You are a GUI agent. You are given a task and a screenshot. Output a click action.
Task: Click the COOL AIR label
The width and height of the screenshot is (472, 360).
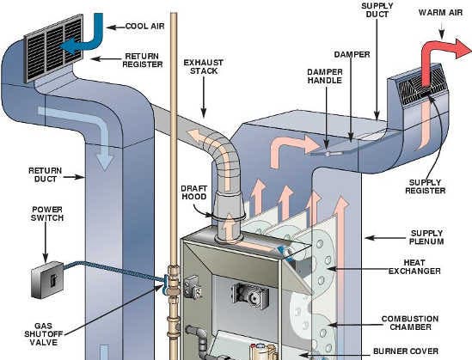pos(144,26)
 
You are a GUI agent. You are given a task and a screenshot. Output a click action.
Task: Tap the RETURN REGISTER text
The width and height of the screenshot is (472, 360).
pos(143,60)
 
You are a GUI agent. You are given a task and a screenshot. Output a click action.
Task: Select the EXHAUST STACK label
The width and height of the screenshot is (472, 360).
pos(204,67)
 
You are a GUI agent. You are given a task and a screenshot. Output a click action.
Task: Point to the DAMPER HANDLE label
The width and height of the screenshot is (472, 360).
pos(325,76)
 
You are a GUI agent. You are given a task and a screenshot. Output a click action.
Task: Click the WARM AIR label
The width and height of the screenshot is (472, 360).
pos(440,13)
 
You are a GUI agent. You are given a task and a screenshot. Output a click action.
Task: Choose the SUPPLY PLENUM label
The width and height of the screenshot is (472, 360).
pos(426,237)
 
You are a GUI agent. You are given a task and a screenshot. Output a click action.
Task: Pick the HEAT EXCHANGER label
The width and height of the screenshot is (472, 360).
pos(414,266)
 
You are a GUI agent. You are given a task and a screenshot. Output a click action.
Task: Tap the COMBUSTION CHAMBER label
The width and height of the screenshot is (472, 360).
pos(410,323)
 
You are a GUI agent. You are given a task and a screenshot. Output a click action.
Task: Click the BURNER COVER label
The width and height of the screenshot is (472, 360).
pos(406,351)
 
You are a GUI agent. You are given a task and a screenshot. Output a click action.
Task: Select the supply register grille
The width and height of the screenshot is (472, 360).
pos(421,85)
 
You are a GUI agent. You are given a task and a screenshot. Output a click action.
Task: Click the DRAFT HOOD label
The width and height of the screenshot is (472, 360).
pos(194,192)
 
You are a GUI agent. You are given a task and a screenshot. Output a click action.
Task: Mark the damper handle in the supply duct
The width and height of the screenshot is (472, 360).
pos(327,154)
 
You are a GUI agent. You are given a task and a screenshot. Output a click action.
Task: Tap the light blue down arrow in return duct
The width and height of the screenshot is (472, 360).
pos(100,126)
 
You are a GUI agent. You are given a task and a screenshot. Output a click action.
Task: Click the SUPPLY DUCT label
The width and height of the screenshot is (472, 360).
pos(377,10)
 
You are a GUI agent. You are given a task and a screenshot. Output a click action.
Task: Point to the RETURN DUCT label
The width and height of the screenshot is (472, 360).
pos(46,174)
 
